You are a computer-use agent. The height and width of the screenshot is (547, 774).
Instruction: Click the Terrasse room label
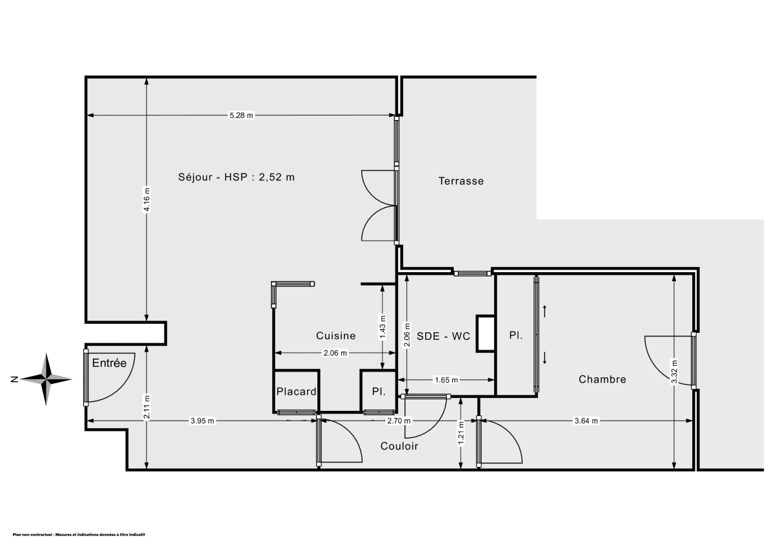(461, 181)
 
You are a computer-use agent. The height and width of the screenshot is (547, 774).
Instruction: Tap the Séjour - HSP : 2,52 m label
(236, 177)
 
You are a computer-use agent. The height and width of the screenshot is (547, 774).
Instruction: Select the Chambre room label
(602, 379)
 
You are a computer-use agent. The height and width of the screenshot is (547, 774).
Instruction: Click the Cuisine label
(335, 335)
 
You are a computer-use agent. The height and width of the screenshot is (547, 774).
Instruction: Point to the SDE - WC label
(443, 336)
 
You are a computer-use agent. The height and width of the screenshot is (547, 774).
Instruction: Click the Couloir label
(399, 446)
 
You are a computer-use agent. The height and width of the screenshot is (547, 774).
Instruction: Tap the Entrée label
(108, 363)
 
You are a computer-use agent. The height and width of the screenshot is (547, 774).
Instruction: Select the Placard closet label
(296, 392)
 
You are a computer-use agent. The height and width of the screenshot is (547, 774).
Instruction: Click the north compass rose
(47, 379)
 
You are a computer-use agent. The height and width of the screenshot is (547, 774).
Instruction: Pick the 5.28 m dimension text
(241, 115)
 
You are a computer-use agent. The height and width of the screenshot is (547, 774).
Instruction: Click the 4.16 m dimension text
(147, 199)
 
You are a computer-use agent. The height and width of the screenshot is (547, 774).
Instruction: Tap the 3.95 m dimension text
(202, 421)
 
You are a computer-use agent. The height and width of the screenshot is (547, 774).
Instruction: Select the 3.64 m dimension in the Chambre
(586, 421)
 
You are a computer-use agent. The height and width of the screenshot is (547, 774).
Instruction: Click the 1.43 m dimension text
(383, 326)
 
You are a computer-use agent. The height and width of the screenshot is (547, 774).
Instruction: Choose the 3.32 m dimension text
(674, 372)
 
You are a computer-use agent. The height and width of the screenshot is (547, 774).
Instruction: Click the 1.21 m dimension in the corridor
(461, 432)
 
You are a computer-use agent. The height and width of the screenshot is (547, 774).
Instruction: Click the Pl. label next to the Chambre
(515, 336)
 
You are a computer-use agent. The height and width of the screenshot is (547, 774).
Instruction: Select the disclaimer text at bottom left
(79, 535)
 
